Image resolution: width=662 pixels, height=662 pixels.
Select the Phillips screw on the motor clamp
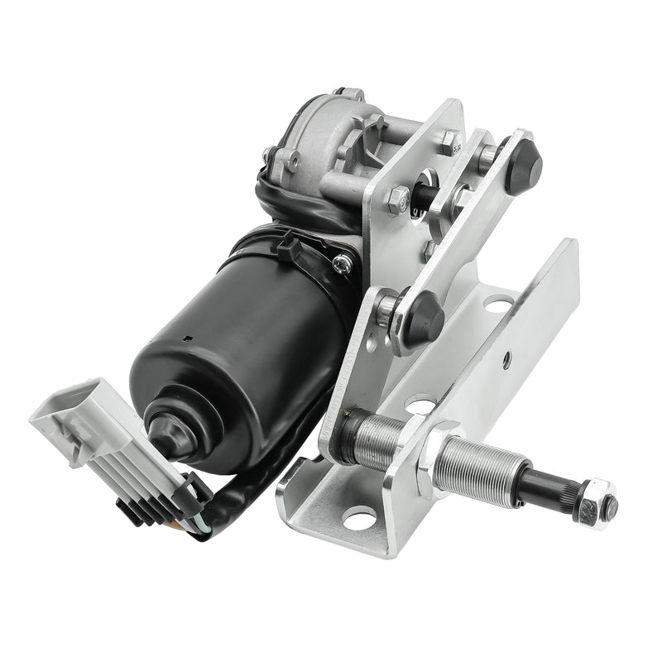(x=342, y=263)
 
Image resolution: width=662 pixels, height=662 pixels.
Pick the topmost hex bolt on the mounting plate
(x=449, y=140)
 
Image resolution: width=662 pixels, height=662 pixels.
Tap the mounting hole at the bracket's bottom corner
(x=358, y=520)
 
